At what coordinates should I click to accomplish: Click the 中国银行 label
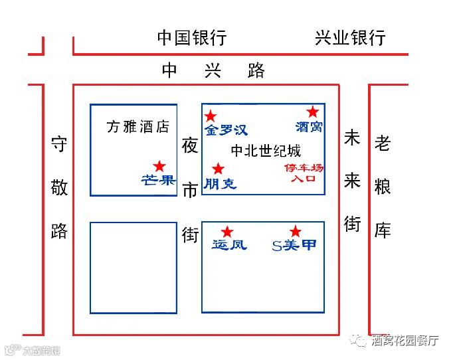192,38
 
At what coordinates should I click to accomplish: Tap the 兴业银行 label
350,38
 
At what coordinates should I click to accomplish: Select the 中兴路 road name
213,70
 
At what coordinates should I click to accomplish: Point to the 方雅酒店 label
138,127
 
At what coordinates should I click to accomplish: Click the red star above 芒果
159,166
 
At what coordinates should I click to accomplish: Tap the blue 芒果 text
158,179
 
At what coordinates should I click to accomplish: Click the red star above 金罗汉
211,116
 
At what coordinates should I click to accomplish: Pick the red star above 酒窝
312,112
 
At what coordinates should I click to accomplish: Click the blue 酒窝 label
309,126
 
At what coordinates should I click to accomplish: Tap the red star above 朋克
218,169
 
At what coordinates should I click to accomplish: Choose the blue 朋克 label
221,183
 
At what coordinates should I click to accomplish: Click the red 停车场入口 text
304,173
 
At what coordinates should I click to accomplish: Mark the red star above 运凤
227,232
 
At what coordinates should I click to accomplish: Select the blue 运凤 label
229,245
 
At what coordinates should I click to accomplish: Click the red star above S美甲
296,232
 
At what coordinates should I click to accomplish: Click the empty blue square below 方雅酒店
134,268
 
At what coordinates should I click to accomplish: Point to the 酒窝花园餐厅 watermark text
405,341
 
